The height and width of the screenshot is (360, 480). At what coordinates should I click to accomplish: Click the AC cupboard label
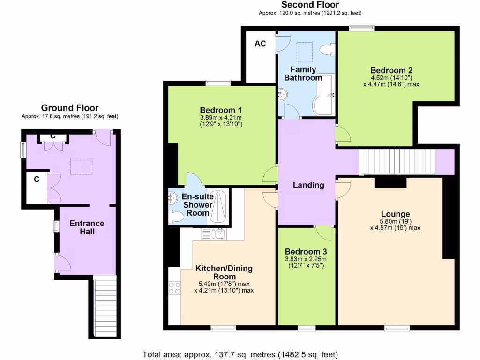pos(260,44)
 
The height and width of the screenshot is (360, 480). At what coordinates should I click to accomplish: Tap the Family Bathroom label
pos(303,74)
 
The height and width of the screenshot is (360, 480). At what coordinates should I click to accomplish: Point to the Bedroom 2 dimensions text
pos(390,81)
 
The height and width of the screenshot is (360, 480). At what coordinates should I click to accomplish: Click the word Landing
pos(308,185)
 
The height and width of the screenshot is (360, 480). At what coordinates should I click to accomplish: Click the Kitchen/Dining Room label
pos(224,272)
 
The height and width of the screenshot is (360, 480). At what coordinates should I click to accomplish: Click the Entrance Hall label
pos(87,227)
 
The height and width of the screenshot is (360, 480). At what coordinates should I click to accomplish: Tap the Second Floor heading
pos(310,5)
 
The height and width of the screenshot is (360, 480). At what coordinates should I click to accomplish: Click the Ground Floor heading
pos(70,108)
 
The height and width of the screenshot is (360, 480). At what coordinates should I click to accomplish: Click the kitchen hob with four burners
pos(174,287)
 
